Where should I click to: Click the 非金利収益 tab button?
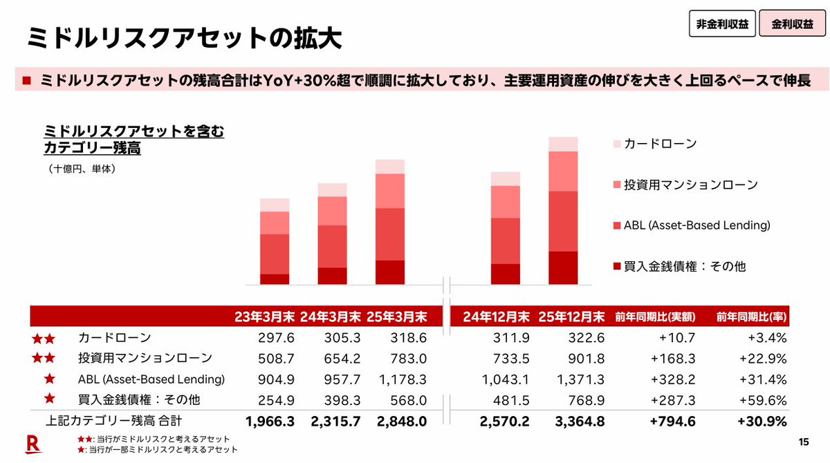tap(722, 23)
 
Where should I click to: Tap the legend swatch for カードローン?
tap(617, 144)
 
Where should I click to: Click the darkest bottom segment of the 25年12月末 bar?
tap(563, 268)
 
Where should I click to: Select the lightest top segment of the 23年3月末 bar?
tap(275, 205)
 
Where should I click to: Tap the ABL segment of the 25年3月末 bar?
tap(390, 234)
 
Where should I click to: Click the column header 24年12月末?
tap(496, 316)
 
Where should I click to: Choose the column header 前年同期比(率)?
tap(753, 316)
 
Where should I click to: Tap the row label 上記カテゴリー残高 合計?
tap(114, 421)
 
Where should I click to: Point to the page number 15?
tap(803, 442)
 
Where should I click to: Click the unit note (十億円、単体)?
tap(82, 168)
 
